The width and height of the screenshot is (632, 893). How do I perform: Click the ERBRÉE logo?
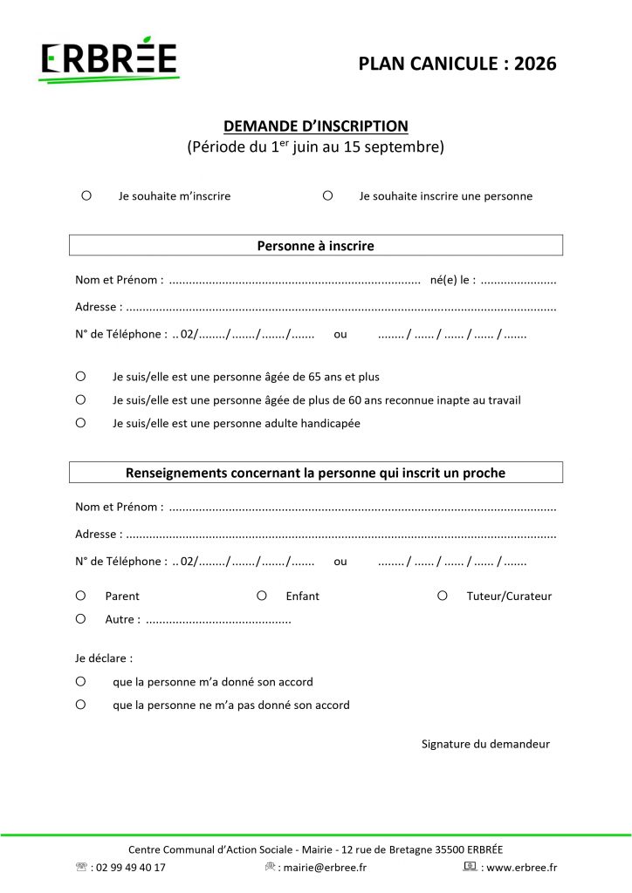point(109,61)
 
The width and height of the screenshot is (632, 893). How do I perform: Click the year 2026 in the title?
point(535,63)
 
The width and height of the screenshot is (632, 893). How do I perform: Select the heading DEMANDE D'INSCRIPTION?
point(315,126)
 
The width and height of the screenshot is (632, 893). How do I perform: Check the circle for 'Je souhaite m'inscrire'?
point(86,196)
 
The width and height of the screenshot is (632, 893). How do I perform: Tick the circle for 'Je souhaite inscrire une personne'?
point(327,196)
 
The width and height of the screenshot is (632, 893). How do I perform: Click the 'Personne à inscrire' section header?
point(315,246)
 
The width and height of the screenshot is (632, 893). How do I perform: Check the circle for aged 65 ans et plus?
point(80,377)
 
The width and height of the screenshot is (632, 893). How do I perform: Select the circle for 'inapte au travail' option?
point(80,399)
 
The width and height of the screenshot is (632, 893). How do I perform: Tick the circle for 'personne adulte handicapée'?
point(80,423)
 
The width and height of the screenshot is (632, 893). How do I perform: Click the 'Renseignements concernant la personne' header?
point(315,473)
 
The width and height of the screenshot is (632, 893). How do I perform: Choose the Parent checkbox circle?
point(80,596)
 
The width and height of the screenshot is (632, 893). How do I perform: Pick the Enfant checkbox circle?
point(261,596)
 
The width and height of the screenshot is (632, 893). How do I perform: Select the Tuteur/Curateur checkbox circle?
point(443,596)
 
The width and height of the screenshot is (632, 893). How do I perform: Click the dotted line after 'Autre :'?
point(218,620)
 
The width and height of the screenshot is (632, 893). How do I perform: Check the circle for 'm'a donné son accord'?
point(80,681)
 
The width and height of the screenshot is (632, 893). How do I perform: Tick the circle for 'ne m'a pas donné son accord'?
point(80,704)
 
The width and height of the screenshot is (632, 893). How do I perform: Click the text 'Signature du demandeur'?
point(485,744)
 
